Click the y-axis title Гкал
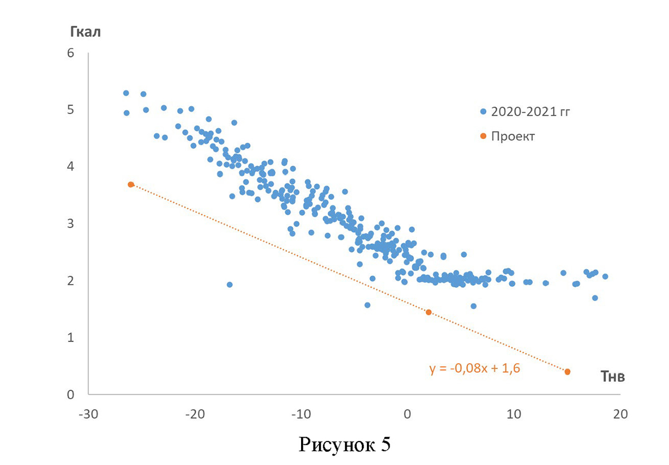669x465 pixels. tap(85, 31)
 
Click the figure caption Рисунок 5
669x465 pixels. tap(345, 444)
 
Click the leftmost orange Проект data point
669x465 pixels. tap(131, 184)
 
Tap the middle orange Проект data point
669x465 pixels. tap(429, 312)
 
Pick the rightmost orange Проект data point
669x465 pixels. tap(568, 372)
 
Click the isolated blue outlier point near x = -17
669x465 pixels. tap(230, 285)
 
